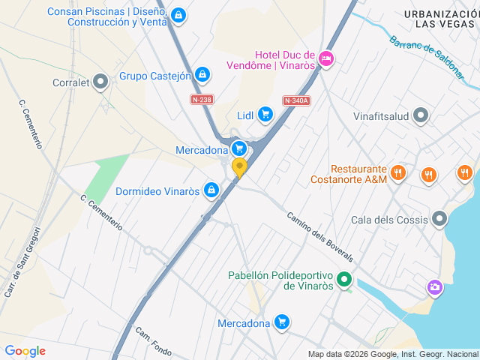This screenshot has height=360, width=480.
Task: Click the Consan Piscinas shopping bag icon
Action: tap(178, 15)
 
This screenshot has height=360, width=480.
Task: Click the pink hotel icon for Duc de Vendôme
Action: tap(325, 57)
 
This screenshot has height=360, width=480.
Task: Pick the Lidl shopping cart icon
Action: tap(265, 114)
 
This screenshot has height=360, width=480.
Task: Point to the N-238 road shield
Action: tap(201, 100)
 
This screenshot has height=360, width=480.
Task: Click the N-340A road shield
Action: tap(296, 100)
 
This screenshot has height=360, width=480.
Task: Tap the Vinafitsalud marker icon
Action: tap(421, 115)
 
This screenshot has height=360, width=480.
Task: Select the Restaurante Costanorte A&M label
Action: tap(349, 175)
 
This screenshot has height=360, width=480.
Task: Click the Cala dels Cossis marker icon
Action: tap(439, 219)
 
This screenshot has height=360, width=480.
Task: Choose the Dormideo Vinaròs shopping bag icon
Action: tap(212, 190)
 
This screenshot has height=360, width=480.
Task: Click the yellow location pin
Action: tap(239, 167)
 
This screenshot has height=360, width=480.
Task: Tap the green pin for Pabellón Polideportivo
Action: tap(344, 280)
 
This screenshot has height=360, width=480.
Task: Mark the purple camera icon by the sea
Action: tap(434, 287)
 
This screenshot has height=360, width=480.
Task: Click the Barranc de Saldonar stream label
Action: tap(425, 59)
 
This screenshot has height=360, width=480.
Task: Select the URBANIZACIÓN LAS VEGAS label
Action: tap(440, 19)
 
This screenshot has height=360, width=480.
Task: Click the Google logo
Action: tap(25, 351)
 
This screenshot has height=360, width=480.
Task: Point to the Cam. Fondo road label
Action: tap(154, 342)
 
